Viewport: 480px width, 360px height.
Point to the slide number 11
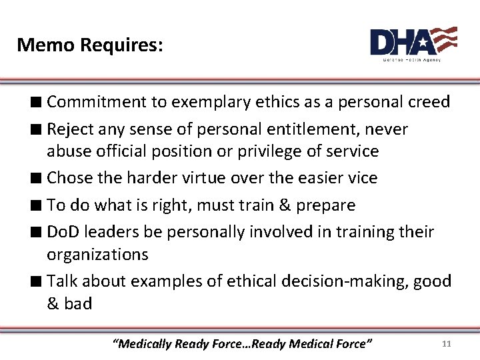pyautogui.click(x=447, y=344)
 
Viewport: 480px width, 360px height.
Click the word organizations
pyautogui.click(x=97, y=255)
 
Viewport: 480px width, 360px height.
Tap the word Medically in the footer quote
pyautogui.click(x=144, y=344)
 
